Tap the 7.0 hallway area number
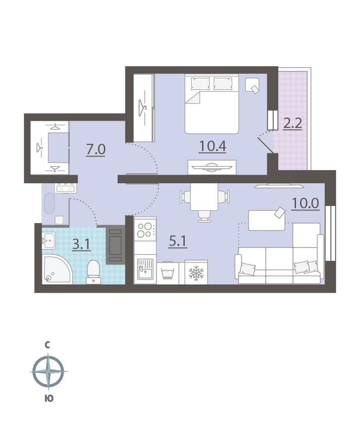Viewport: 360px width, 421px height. tap(96, 149)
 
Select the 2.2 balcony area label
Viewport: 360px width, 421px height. tap(292, 123)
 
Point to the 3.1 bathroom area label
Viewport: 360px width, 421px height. tap(81, 245)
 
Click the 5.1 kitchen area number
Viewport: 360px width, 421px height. tap(178, 242)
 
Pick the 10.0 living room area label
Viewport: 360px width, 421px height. tap(306, 203)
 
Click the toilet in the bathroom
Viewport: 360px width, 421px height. tap(94, 272)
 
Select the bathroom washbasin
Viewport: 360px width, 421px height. tap(49, 240)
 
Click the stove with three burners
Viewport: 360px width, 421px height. tap(145, 230)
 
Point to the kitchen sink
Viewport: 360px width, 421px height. tap(145, 269)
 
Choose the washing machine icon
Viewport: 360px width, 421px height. tap(168, 273)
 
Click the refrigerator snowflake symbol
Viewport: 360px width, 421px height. tap(196, 273)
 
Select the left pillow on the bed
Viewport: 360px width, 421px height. tap(200, 84)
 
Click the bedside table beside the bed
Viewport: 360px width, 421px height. tap(252, 85)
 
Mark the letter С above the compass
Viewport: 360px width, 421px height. tap(48, 345)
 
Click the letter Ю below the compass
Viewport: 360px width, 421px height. tap(49, 398)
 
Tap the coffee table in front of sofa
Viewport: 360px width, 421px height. tap(266, 220)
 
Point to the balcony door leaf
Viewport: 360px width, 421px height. tap(266, 146)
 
